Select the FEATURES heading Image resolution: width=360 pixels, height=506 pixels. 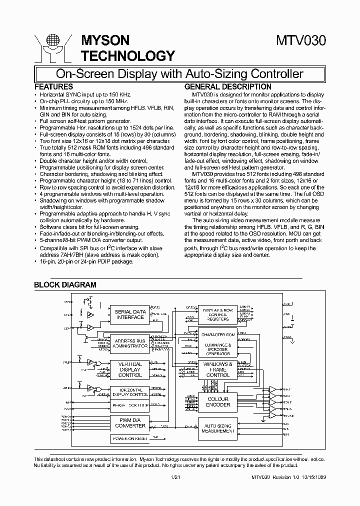click(53, 86)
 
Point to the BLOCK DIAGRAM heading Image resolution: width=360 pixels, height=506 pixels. click(64, 284)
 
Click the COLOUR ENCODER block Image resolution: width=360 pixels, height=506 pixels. click(217, 401)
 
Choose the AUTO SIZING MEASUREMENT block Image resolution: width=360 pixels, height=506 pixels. click(217, 428)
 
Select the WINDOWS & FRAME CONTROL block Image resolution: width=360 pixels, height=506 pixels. click(217, 369)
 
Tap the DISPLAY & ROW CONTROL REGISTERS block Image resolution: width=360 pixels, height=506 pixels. click(217, 314)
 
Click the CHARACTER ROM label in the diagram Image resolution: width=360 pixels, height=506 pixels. click(217, 334)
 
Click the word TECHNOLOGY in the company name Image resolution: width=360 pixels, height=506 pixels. click(128, 55)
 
